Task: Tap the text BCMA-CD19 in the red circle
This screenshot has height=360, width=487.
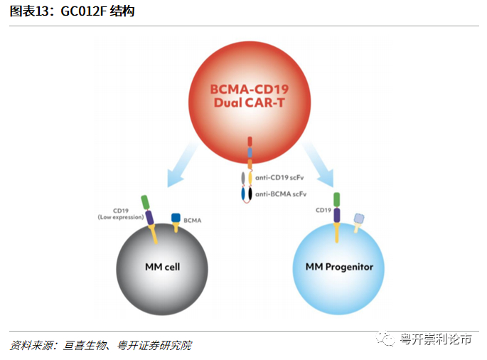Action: click(x=250, y=90)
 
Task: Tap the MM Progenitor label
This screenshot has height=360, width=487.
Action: click(x=338, y=267)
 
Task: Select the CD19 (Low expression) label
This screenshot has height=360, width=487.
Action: click(x=121, y=213)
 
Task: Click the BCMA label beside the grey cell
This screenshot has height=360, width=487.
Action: click(x=193, y=221)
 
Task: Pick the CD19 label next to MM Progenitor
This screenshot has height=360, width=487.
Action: click(x=323, y=210)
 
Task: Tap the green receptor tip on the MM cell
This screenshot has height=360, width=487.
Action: click(x=146, y=202)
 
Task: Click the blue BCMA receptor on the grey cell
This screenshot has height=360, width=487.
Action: click(x=175, y=217)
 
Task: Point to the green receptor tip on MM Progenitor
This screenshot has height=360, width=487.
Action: click(x=338, y=199)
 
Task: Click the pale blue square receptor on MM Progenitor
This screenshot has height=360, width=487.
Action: click(x=360, y=218)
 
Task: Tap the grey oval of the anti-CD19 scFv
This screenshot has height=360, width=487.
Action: click(x=244, y=178)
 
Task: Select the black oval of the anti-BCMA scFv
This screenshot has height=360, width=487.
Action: click(x=250, y=193)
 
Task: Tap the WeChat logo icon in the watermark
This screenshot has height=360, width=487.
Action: click(x=387, y=340)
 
